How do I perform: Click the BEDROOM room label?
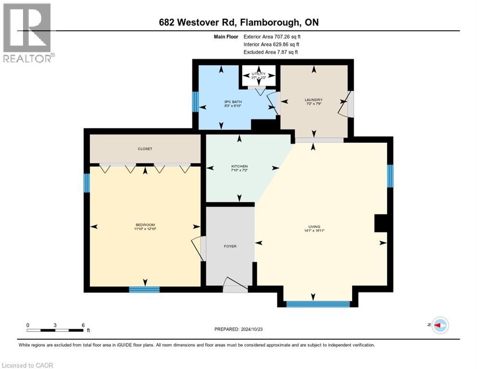pos(145,225)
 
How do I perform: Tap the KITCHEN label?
pos(239,166)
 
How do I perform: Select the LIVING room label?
pos(314,227)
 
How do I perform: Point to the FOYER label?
pos(230,246)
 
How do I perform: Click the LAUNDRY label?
pos(314,100)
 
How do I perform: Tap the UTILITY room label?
pos(259,74)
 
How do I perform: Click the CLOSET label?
pos(144,149)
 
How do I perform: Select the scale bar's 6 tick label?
pos(83,325)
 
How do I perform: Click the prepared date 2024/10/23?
pos(238,329)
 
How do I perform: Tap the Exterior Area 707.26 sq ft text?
pos(272,36)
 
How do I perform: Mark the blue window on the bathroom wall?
pos(195,101)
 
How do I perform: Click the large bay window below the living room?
pos(318,304)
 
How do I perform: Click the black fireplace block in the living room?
pos(381,223)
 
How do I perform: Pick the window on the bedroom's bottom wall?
pos(144,289)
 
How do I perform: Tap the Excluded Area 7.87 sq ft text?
pos(271,52)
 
